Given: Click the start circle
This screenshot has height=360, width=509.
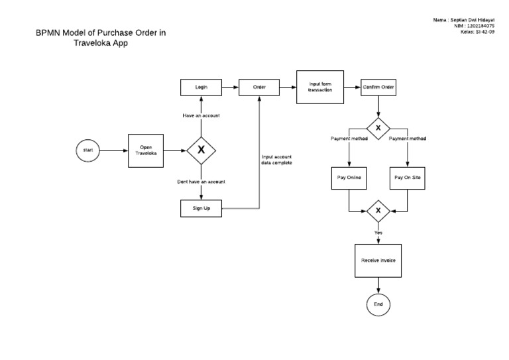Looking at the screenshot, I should pyautogui.click(x=88, y=150).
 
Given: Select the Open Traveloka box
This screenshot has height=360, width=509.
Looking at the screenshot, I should pyautogui.click(x=145, y=150).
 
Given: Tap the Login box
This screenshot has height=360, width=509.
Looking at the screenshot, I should pyautogui.click(x=201, y=87).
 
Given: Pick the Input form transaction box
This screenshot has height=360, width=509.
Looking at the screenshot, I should pyautogui.click(x=321, y=87).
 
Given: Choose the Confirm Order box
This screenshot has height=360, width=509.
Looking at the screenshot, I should pyautogui.click(x=378, y=87).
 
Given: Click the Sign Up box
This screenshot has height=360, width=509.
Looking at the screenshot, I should pyautogui.click(x=201, y=208).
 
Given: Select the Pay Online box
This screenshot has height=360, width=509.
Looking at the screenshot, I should pyautogui.click(x=349, y=178).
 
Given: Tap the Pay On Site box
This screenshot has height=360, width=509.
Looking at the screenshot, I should pyautogui.click(x=407, y=178).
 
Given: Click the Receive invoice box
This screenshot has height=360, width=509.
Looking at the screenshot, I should pyautogui.click(x=378, y=261).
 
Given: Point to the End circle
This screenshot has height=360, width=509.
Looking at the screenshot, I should pyautogui.click(x=378, y=304).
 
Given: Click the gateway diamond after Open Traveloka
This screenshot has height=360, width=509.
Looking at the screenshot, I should pyautogui.click(x=201, y=150).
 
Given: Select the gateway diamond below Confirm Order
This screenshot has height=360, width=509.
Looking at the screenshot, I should pyautogui.click(x=378, y=127).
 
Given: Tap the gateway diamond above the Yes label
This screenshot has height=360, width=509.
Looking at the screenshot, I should pyautogui.click(x=378, y=211).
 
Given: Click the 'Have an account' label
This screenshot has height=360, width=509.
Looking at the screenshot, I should pyautogui.click(x=201, y=115).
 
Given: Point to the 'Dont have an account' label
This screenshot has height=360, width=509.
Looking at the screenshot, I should pyautogui.click(x=201, y=181).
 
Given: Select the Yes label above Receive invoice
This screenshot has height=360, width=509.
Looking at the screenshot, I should pyautogui.click(x=378, y=233).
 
